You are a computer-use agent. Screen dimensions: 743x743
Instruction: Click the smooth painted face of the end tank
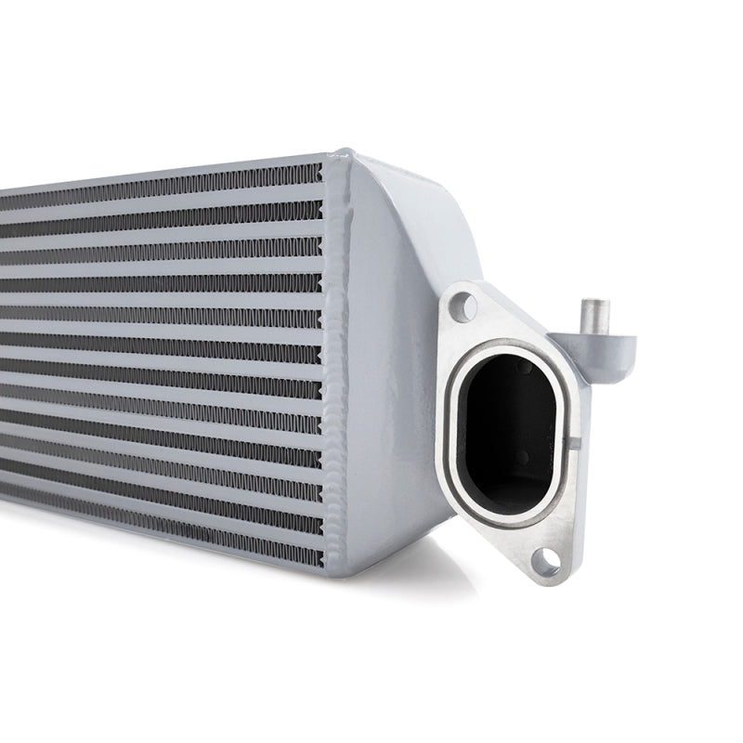[390, 390]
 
